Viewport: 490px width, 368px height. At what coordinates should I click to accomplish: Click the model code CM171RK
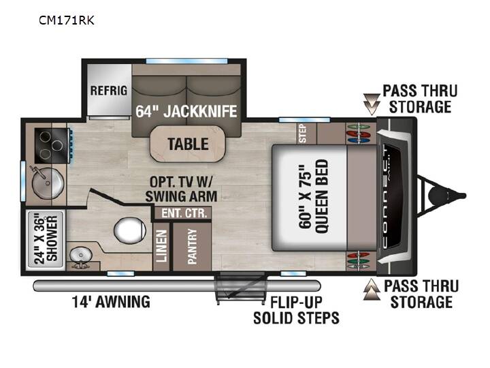[x=66, y=20]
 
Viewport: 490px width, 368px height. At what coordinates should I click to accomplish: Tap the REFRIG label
[x=109, y=91]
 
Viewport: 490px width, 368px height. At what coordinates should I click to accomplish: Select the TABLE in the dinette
[x=188, y=144]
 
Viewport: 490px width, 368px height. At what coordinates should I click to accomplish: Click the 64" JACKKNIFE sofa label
[x=186, y=111]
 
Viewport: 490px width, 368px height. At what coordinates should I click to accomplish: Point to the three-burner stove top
[x=52, y=146]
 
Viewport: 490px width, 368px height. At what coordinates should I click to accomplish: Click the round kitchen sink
[x=48, y=183]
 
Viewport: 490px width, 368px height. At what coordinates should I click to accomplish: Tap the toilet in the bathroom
[x=130, y=230]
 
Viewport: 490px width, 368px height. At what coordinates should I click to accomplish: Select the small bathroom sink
[x=80, y=256]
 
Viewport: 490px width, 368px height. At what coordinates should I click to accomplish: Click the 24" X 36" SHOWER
[x=46, y=239]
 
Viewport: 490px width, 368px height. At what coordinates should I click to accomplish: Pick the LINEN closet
[x=161, y=246]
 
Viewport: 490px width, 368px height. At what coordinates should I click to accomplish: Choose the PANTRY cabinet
[x=192, y=246]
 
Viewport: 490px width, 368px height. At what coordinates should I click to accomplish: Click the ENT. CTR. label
[x=184, y=213]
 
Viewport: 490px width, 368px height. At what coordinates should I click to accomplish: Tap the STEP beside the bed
[x=303, y=134]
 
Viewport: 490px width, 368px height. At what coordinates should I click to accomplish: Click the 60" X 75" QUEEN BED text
[x=314, y=196]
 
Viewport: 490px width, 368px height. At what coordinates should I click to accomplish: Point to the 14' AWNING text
[x=111, y=302]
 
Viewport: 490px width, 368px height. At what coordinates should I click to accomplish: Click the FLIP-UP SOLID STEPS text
[x=296, y=311]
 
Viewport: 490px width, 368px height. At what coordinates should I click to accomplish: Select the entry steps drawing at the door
[x=241, y=288]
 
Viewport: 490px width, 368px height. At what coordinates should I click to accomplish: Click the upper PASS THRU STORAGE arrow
[x=372, y=104]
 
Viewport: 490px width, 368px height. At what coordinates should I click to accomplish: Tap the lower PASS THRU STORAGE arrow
[x=372, y=290]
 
